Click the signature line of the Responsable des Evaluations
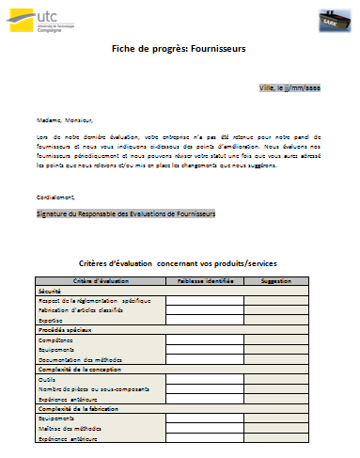click(x=126, y=214)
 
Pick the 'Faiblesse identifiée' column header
click(x=204, y=281)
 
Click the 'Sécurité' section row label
click(x=48, y=291)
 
